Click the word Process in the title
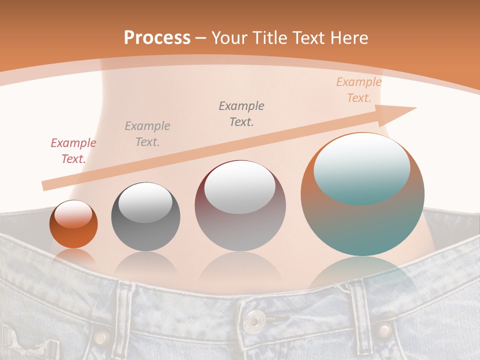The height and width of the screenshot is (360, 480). tap(157, 38)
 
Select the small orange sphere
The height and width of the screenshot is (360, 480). tap(73, 224)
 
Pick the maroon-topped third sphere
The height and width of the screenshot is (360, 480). tap(240, 206)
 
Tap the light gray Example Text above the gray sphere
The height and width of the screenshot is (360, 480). tap(147, 134)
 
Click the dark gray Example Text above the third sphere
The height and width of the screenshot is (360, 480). tap(241, 113)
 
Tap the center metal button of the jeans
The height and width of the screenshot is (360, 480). tap(255, 318)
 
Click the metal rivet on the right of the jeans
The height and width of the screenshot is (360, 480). tap(384, 329)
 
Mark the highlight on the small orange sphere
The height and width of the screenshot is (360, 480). tap(73, 214)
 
